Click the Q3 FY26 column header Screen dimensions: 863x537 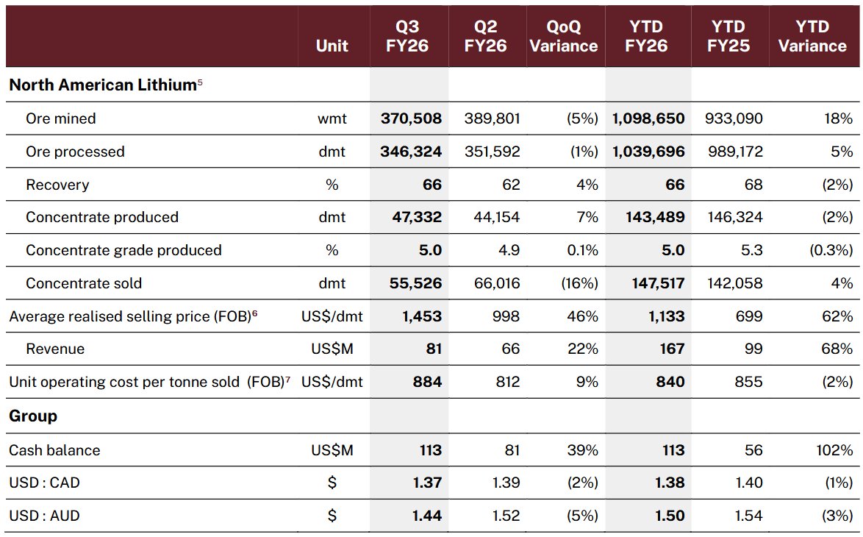[x=407, y=36]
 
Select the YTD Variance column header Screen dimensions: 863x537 [x=812, y=36]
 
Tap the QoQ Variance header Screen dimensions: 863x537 [x=564, y=36]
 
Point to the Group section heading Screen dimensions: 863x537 [x=33, y=416]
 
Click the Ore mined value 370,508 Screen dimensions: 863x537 [x=411, y=118]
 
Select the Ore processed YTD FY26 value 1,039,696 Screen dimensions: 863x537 [x=648, y=152]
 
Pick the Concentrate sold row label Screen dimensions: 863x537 [x=84, y=283]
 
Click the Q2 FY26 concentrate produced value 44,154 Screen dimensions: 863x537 [x=496, y=217]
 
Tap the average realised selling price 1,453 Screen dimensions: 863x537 [x=422, y=316]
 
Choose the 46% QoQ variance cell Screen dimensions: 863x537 [x=582, y=316]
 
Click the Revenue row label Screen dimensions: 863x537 [x=55, y=349]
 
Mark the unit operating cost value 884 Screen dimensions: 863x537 [x=427, y=382]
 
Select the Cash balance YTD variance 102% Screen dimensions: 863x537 [x=834, y=450]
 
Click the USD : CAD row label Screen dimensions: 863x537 [x=45, y=483]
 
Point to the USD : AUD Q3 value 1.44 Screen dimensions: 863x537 [x=427, y=516]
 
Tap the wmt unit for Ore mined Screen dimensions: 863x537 [x=332, y=118]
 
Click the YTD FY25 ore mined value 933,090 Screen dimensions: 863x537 [x=734, y=118]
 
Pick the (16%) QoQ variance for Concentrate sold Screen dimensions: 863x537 [x=579, y=283]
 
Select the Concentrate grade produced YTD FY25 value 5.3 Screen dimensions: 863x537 [x=751, y=250]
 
